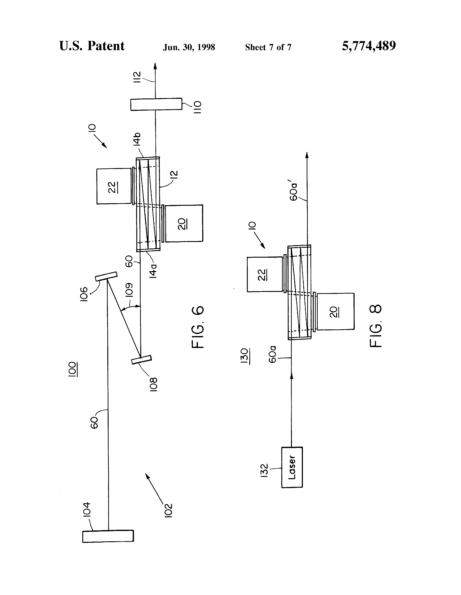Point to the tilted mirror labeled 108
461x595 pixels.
click(141, 360)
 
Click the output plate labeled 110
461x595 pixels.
click(156, 104)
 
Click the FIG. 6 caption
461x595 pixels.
click(198, 327)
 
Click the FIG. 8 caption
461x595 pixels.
click(376, 326)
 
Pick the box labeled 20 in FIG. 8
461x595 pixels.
click(335, 311)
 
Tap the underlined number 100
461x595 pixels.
click(72, 369)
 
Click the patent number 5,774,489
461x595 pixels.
click(369, 46)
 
